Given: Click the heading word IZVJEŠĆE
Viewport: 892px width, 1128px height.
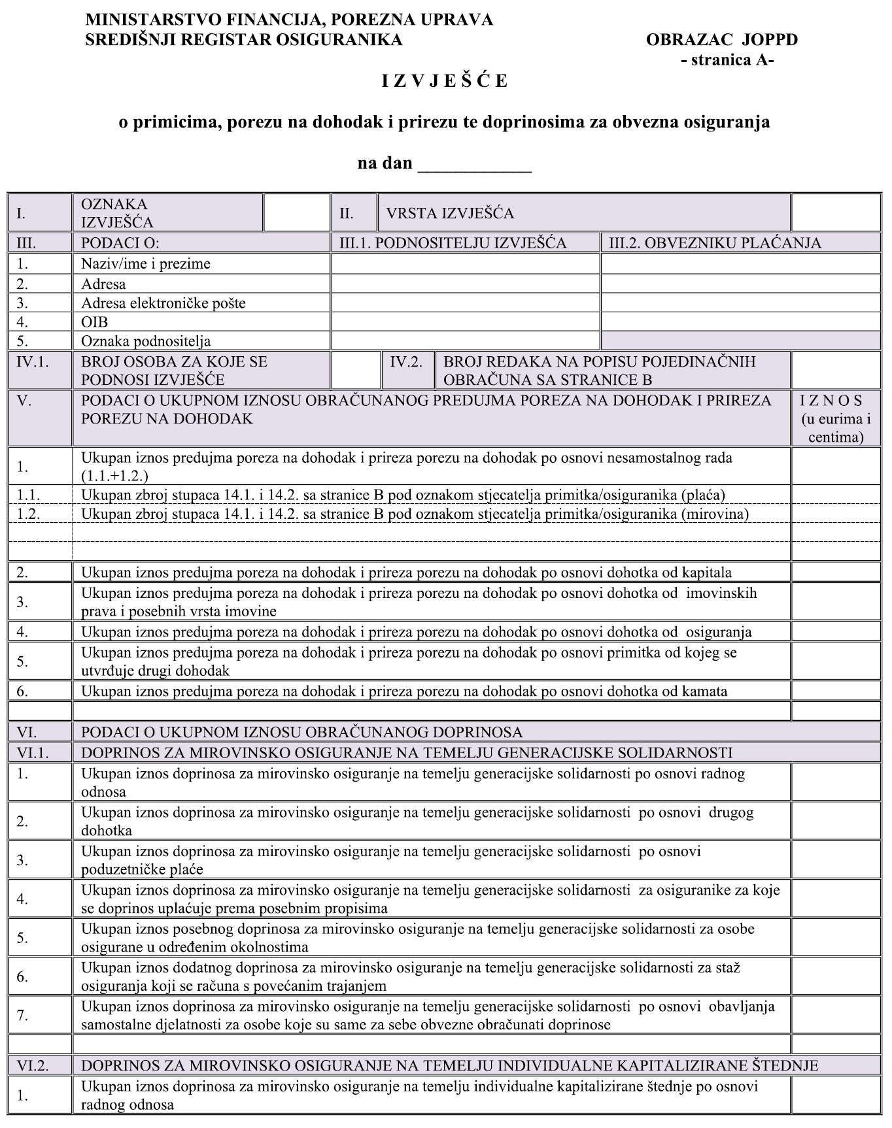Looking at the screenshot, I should [445, 81].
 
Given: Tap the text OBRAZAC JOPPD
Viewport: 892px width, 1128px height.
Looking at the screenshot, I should [721, 40].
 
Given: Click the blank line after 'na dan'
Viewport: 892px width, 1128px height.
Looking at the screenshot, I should [474, 163].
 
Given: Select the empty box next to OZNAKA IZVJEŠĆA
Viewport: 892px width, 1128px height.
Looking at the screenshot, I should [296, 212].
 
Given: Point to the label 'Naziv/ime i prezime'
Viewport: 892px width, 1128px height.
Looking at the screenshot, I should [145, 264].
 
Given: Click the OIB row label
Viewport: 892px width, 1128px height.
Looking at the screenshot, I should [94, 322].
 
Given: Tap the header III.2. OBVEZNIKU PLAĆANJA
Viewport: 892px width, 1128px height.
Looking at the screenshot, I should [714, 243].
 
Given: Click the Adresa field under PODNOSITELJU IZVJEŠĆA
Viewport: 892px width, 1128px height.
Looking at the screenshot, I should [465, 284].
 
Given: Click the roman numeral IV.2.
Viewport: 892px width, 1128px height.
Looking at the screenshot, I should [406, 361].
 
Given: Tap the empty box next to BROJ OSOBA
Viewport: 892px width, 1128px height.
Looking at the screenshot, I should [355, 371].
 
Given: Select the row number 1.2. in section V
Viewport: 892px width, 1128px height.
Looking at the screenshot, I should [28, 514].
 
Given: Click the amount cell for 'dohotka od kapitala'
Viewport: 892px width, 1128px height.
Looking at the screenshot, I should [835, 572].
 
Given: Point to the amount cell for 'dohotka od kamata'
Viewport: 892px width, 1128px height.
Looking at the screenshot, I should [835, 691].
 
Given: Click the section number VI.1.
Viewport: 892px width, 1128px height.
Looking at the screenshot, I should [33, 753].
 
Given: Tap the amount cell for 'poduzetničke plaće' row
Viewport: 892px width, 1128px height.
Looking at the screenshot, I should [835, 860].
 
